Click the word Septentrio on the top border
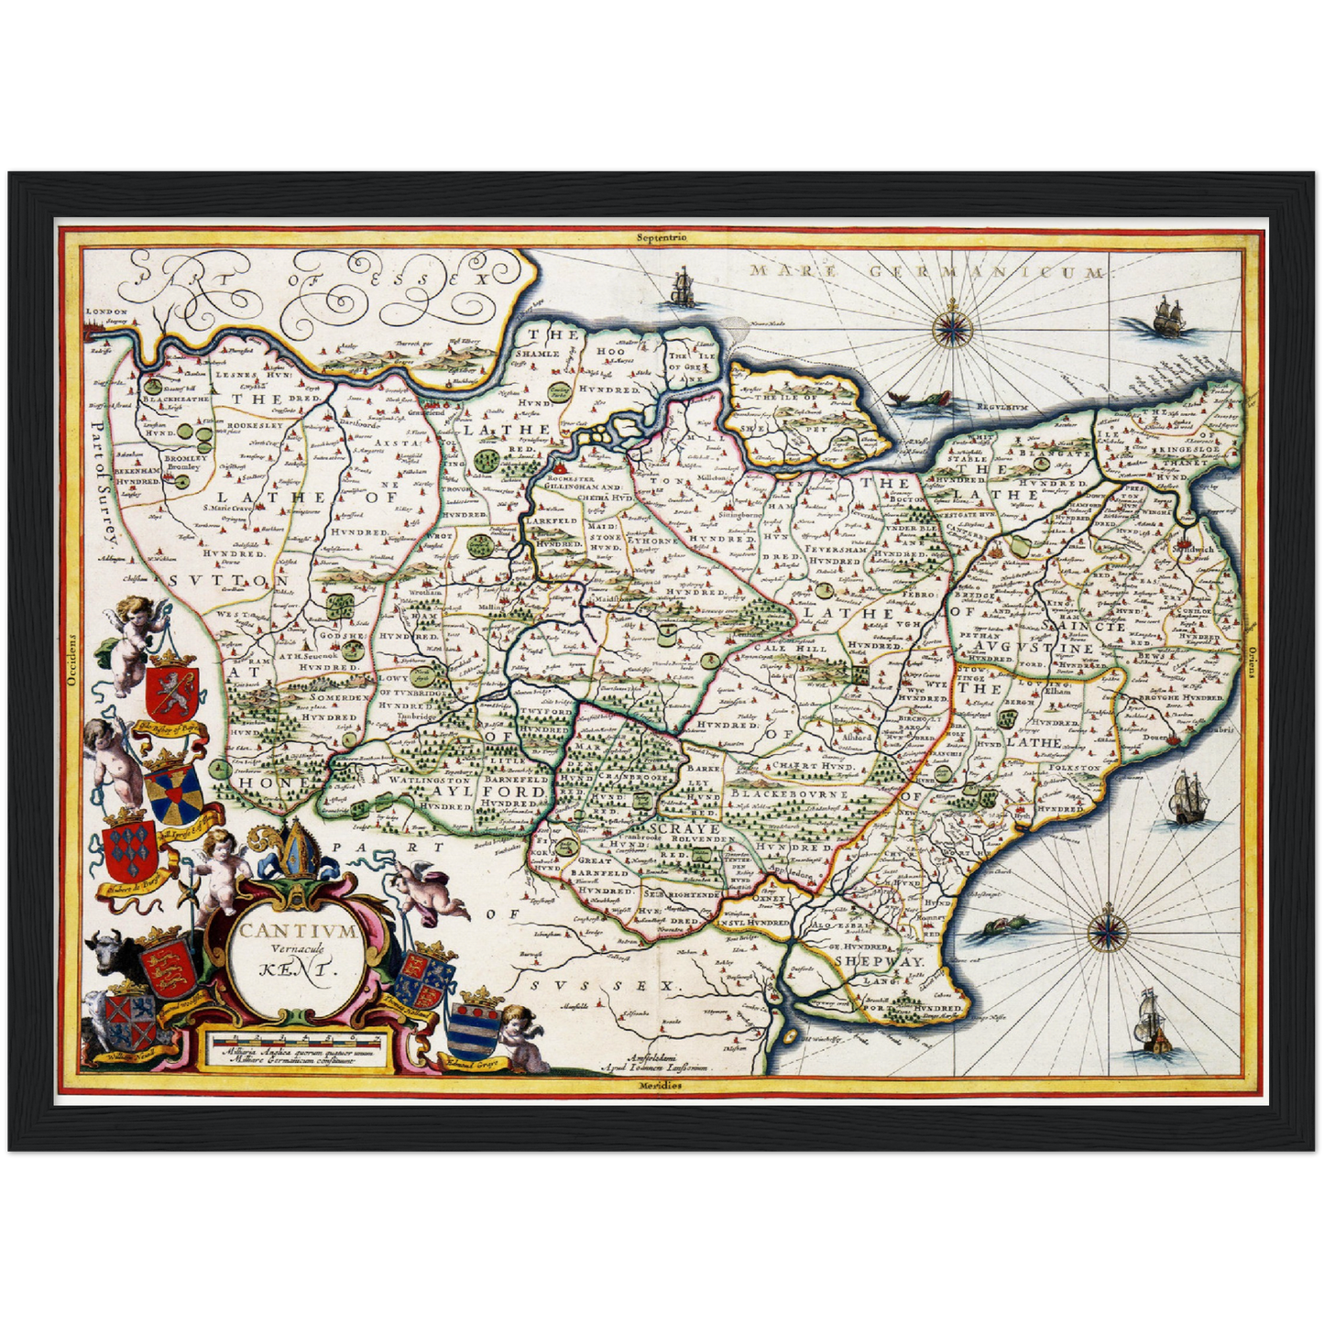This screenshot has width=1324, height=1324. [662, 237]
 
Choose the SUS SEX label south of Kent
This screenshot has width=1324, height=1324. [605, 986]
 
